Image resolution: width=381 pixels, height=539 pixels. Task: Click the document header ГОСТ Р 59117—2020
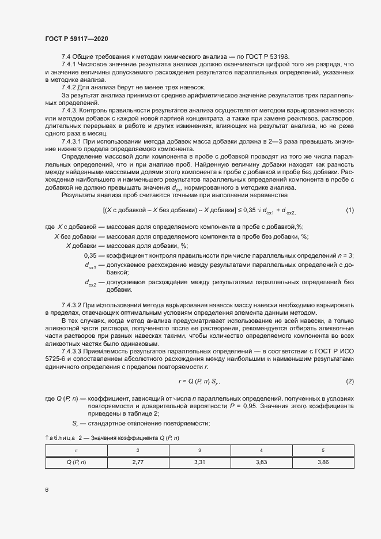76,39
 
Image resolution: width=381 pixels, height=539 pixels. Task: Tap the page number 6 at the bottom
46,490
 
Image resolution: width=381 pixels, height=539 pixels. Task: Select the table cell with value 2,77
137,462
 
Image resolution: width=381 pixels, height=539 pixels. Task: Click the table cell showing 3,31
199,462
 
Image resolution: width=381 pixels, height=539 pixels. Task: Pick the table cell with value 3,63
261,462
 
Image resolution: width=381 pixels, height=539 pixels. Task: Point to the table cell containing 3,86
323,462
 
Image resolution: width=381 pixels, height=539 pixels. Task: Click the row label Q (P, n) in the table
76,462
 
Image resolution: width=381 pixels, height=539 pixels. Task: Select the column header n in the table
76,450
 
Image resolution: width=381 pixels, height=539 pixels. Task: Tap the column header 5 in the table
323,450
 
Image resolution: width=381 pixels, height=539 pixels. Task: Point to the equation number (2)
349,382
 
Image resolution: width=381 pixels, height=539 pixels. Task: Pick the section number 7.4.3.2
72,304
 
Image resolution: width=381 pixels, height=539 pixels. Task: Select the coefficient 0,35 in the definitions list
90,255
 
